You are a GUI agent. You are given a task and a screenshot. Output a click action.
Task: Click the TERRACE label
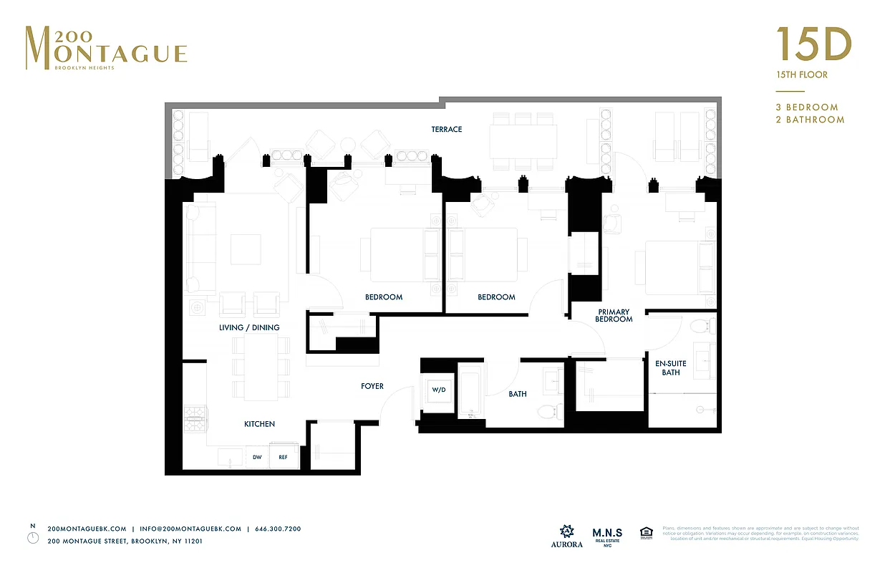(x=446, y=130)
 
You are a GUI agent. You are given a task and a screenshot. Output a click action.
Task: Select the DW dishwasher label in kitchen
(x=258, y=457)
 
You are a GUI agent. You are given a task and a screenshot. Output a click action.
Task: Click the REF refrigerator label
(x=283, y=457)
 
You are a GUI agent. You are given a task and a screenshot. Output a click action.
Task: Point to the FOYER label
(x=372, y=387)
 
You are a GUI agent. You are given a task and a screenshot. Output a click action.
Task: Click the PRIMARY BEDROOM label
(x=614, y=315)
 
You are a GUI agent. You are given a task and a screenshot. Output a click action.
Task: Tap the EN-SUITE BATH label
(x=671, y=367)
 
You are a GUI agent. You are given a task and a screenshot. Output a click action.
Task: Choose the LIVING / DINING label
(x=249, y=328)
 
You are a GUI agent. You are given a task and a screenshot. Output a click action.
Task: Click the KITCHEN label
(x=259, y=424)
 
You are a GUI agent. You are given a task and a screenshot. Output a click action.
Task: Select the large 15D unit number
(x=814, y=46)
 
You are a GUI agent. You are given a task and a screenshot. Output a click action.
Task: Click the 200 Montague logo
(x=106, y=48)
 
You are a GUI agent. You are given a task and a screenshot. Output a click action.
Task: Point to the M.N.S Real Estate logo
(x=607, y=536)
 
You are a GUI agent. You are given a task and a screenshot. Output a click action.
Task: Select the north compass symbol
(x=32, y=537)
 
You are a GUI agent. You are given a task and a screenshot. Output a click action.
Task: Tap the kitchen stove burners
(x=195, y=418)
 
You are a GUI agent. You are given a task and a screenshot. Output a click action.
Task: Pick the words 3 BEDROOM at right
(x=807, y=107)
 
